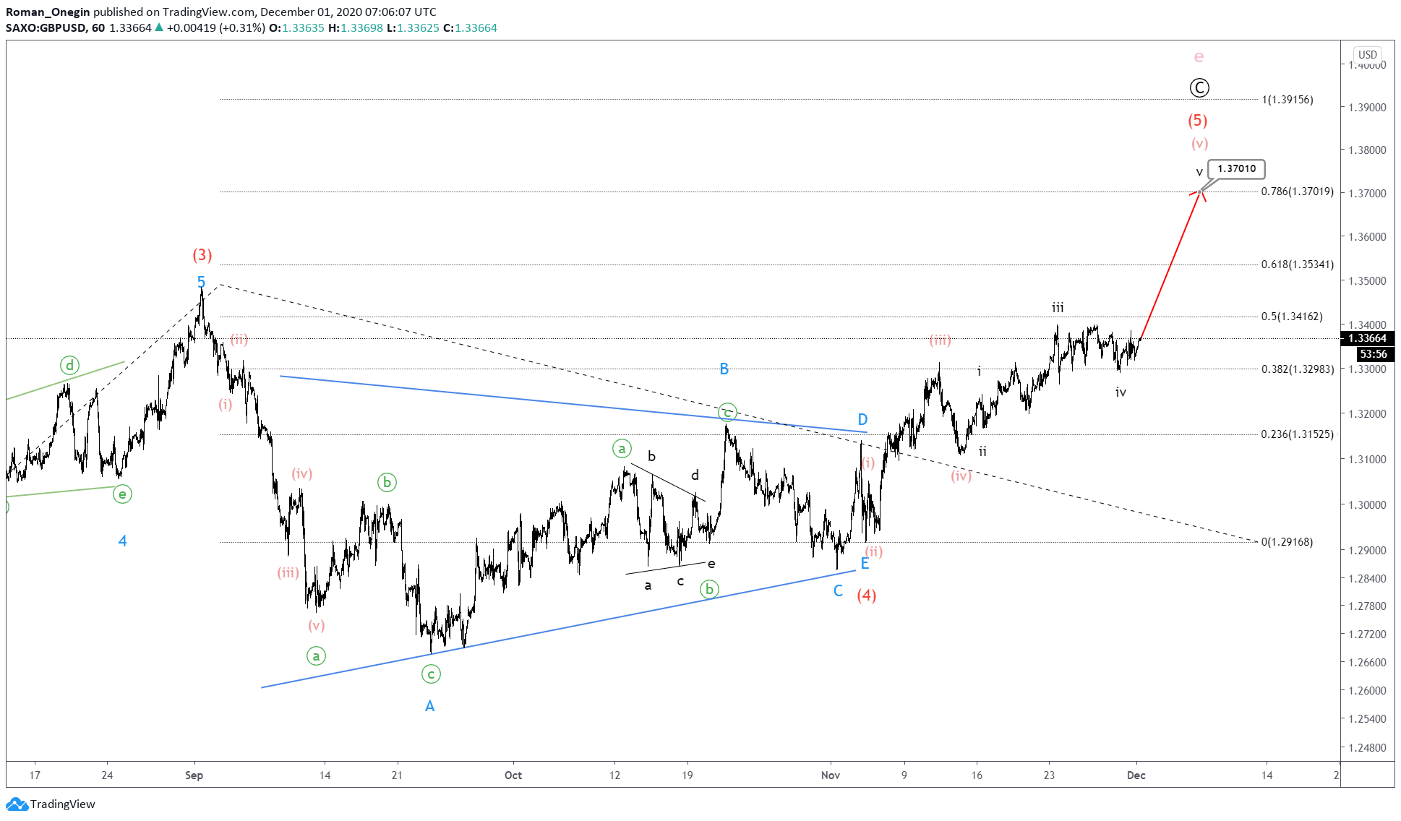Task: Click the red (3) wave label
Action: click(x=202, y=254)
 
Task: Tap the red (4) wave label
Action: click(x=867, y=596)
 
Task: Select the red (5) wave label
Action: click(x=1198, y=121)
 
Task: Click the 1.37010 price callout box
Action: click(x=1236, y=169)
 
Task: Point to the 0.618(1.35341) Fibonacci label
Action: click(x=1297, y=265)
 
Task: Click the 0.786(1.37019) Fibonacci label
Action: click(x=1297, y=192)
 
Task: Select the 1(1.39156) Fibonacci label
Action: click(x=1288, y=100)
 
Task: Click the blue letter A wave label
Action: click(x=429, y=706)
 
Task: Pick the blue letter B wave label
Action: click(x=724, y=369)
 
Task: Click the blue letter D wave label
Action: click(x=862, y=420)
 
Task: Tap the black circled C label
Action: click(x=1199, y=88)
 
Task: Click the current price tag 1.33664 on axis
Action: click(x=1367, y=338)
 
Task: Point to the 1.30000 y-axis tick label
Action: click(x=1367, y=505)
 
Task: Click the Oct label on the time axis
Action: click(x=513, y=775)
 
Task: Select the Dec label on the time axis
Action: click(x=1136, y=775)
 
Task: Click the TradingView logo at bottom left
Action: click(x=51, y=804)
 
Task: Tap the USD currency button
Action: click(x=1367, y=54)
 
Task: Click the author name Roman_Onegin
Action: click(x=48, y=12)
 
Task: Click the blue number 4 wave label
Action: click(x=122, y=541)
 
